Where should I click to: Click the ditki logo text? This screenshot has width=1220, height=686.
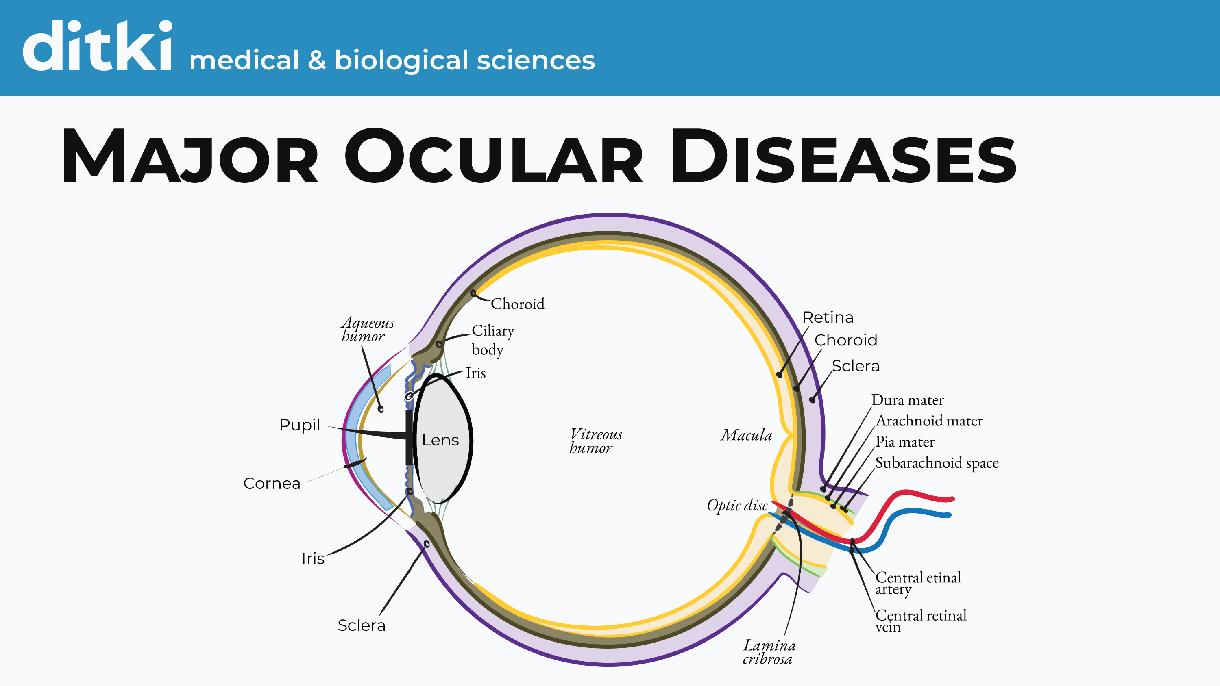click(97, 46)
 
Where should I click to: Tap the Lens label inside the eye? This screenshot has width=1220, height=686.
click(440, 440)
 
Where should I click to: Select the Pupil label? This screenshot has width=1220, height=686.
click(300, 425)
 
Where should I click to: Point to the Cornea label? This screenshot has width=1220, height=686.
click(272, 483)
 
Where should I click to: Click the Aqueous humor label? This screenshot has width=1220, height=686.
click(367, 330)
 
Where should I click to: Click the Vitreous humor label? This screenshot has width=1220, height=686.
click(595, 441)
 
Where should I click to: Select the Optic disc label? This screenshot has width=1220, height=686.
click(737, 506)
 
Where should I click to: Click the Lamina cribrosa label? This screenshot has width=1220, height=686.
click(769, 652)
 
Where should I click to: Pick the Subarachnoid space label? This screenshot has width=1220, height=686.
click(936, 463)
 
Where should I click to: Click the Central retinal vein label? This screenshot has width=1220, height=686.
click(920, 620)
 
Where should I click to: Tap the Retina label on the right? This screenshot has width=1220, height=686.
click(828, 317)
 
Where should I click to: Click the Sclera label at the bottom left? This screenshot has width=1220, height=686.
click(362, 625)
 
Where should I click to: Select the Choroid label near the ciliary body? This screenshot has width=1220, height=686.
click(517, 304)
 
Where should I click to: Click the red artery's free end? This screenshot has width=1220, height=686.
click(951, 499)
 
